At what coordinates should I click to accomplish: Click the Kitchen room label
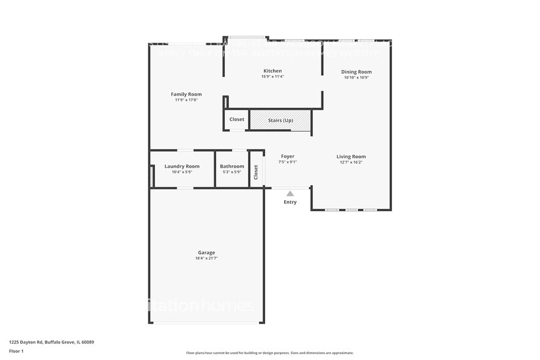coord(272,71)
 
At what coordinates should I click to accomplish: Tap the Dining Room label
coord(356,72)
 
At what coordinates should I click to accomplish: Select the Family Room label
coord(186,94)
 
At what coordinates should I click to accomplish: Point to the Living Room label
coord(351,157)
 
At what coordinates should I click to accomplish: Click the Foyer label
coord(288,157)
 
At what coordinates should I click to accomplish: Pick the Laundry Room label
coord(182,166)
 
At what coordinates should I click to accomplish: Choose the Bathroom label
coord(232,166)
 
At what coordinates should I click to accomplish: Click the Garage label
coord(206,252)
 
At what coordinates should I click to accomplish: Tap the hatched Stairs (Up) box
coord(280,120)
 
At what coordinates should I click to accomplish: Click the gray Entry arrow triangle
coord(290,193)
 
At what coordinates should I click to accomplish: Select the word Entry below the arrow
coord(290,202)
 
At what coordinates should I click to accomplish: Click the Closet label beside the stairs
coord(237,119)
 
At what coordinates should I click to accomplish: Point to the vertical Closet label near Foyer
coord(256,173)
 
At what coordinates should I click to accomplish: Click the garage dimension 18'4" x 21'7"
coord(206,258)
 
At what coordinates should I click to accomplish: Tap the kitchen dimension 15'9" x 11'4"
coord(272,77)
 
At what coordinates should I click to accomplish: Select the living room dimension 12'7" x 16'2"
coord(351,162)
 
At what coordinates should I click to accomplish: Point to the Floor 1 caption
coord(16,351)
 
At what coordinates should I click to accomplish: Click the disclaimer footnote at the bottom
coord(269,353)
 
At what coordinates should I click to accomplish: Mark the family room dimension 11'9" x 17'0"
coord(186,100)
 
